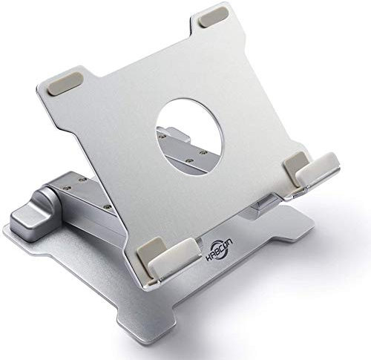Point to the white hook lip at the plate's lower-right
[318, 170]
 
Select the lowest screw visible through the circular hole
[188, 160]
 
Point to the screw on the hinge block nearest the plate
[108, 206]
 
